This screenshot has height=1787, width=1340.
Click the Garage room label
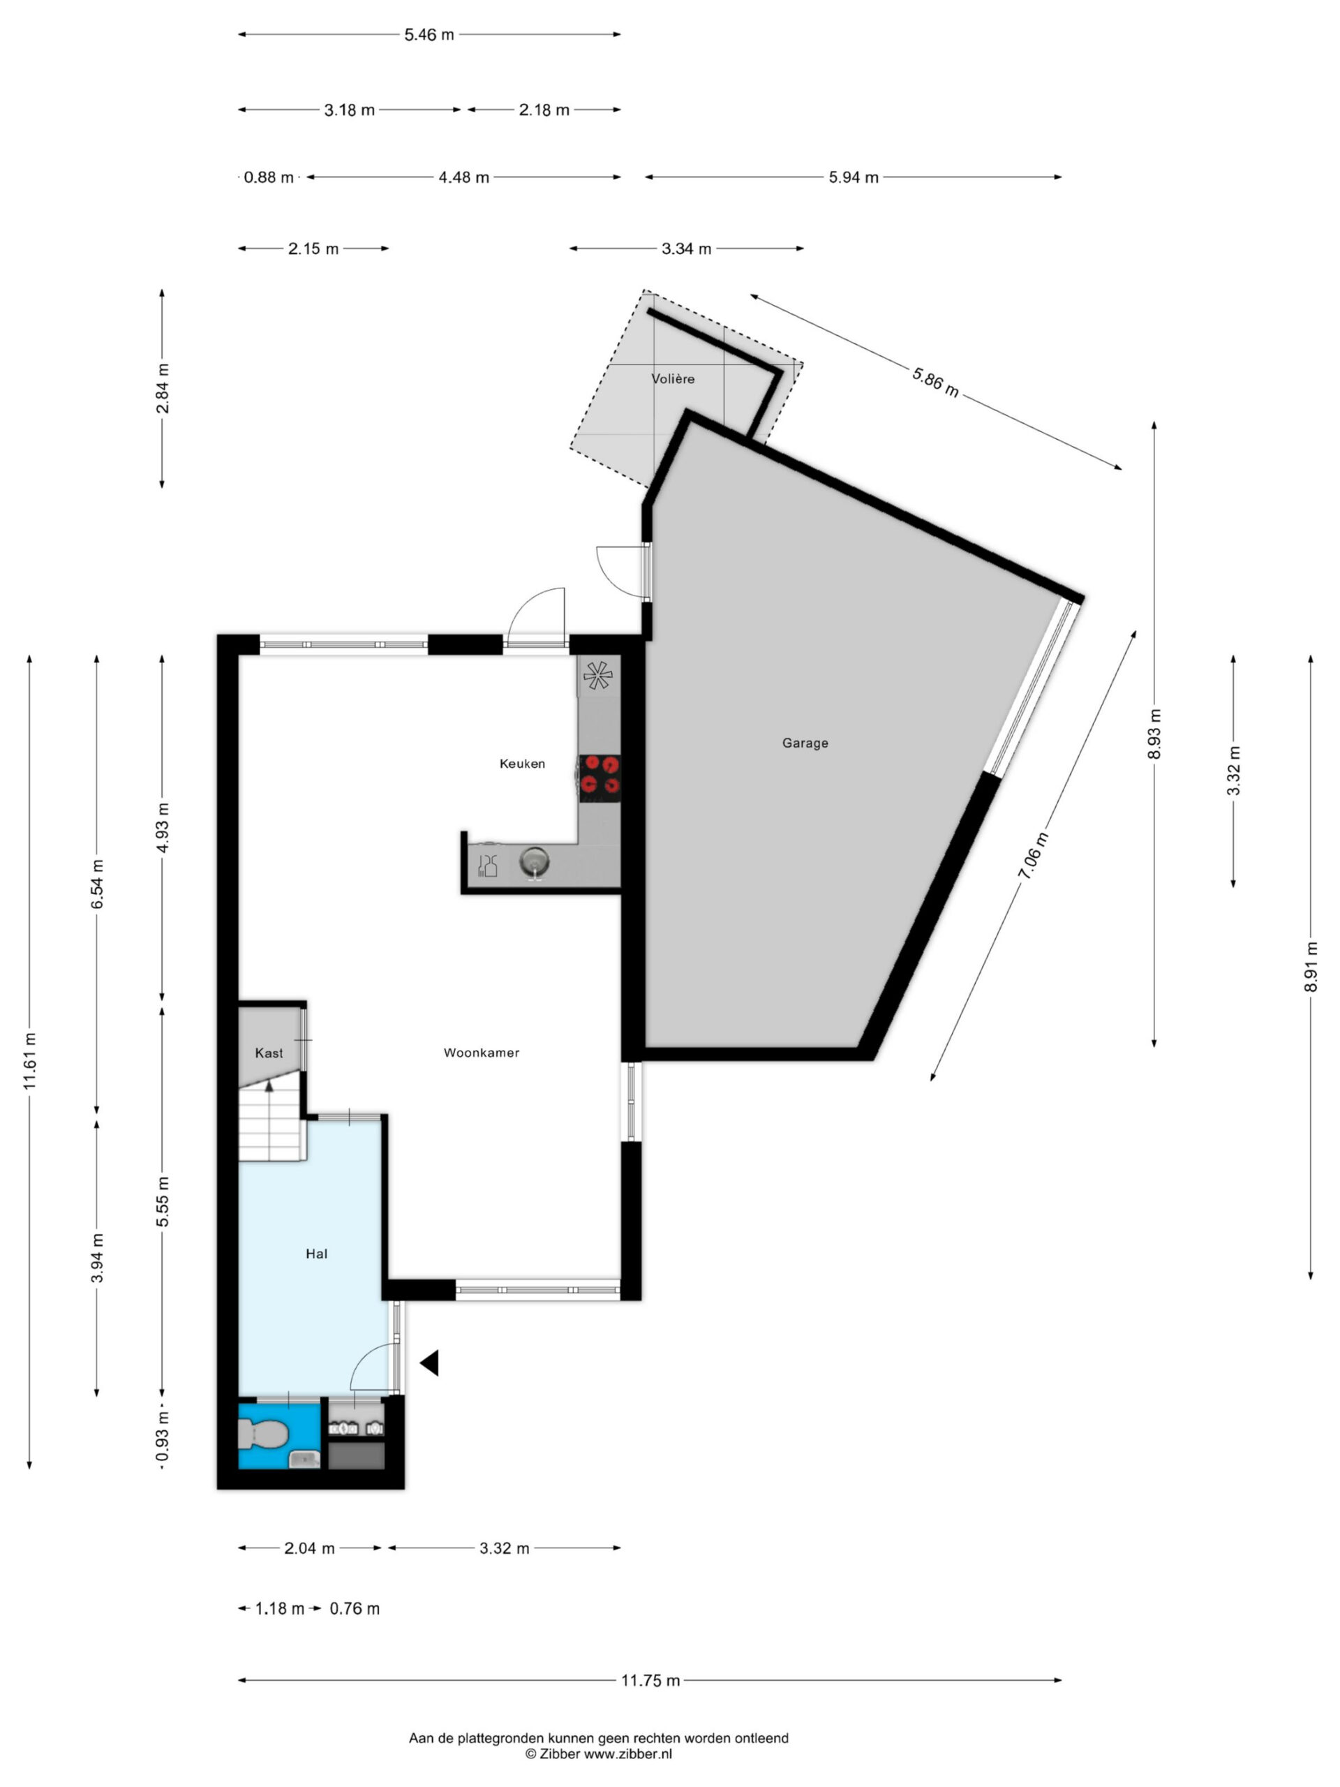point(805,743)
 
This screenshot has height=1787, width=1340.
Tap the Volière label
point(673,378)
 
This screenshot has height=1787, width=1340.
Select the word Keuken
point(522,764)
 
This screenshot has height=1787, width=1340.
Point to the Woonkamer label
point(482,1053)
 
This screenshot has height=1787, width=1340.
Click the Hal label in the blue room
point(317,1254)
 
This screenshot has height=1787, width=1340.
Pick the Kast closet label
point(269,1053)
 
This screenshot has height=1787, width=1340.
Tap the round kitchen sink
point(534,861)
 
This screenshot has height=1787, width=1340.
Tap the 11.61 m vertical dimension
point(30,1061)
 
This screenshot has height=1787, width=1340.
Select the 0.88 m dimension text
point(269,177)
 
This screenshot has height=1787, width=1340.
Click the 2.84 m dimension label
point(163,389)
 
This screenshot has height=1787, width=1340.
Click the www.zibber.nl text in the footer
point(627,1754)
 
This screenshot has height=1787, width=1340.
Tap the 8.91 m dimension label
point(1311,967)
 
